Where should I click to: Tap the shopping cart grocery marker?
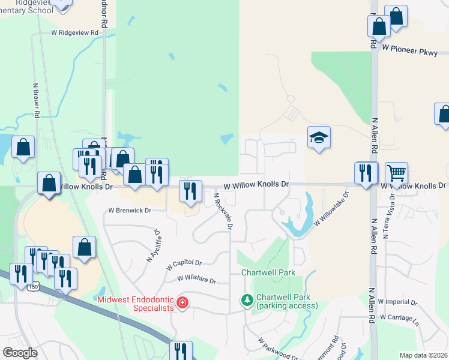pyautogui.click(x=397, y=174)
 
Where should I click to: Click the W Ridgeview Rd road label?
pyautogui.click(x=74, y=33)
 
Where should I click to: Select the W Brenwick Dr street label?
pyautogui.click(x=129, y=211)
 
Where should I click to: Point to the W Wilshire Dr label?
pyautogui.click(x=196, y=279)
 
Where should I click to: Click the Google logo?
pyautogui.click(x=20, y=352)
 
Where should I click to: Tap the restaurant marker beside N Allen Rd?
pyautogui.click(x=366, y=174)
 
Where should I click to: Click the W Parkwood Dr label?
pyautogui.click(x=278, y=349)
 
